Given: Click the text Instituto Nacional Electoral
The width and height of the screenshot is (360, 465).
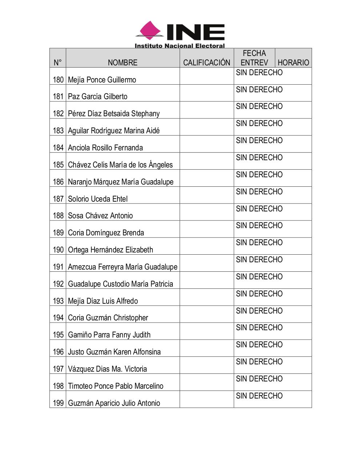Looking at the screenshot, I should click(x=180, y=46).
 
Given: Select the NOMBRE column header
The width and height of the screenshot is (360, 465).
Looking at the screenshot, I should click(x=123, y=62).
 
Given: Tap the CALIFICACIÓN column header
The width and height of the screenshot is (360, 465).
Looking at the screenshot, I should click(x=207, y=62).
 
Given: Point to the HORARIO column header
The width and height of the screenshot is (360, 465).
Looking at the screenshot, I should click(x=293, y=62).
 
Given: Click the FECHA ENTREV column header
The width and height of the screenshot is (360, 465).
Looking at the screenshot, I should click(x=254, y=58).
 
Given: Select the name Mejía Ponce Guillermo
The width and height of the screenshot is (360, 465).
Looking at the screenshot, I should click(x=102, y=80).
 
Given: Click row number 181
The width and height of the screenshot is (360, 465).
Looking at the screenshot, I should click(x=58, y=97).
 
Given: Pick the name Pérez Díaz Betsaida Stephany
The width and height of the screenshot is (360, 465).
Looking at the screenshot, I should click(x=114, y=114).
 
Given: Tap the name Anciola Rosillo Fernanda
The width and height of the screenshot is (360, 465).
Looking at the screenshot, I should click(x=105, y=148).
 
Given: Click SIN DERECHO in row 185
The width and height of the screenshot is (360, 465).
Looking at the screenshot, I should click(x=259, y=158).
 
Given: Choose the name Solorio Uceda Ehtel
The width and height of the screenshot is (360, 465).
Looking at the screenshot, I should click(x=98, y=199).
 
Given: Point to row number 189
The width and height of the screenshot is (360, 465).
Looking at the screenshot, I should click(x=58, y=233).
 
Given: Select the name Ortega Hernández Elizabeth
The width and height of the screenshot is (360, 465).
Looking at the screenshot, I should click(x=111, y=250).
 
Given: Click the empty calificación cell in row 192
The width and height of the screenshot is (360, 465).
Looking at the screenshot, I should click(x=207, y=280).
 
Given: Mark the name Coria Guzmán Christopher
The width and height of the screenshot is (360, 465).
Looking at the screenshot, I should click(x=108, y=318).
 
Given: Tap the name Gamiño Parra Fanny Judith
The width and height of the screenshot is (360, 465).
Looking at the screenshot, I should click(x=109, y=335).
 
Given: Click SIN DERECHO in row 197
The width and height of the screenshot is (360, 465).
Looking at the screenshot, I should click(x=259, y=362).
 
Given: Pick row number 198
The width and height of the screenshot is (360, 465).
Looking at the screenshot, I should click(x=58, y=386).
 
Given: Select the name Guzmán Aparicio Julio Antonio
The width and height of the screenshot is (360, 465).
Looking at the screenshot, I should click(x=114, y=403).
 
